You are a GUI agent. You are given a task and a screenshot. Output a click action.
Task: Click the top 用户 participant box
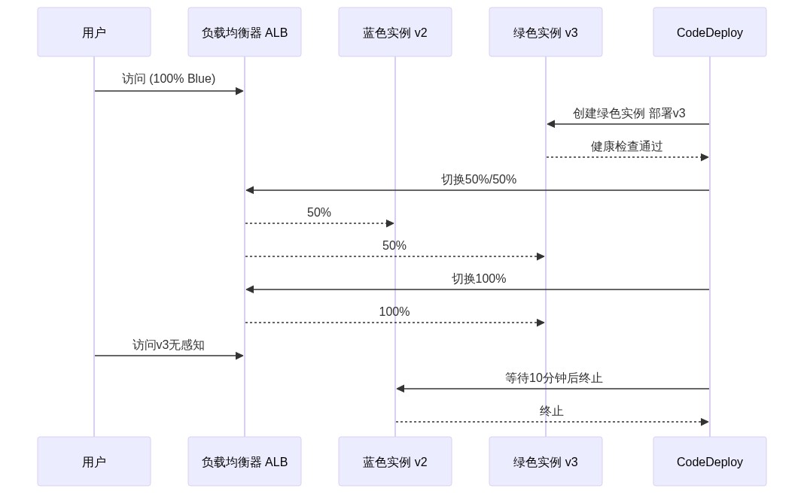[x=94, y=32]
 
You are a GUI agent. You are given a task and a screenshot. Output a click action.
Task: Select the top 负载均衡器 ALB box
[x=245, y=32]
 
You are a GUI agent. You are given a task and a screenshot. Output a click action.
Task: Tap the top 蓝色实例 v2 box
[x=395, y=32]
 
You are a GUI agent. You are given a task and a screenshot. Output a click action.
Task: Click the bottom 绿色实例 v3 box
[x=546, y=462]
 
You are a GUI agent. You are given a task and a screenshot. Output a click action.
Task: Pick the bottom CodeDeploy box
[x=710, y=462]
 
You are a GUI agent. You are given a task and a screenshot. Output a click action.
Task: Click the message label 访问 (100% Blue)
[x=169, y=79]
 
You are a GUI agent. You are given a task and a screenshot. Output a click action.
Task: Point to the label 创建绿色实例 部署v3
[x=629, y=114]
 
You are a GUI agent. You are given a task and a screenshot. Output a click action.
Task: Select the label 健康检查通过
[x=626, y=147]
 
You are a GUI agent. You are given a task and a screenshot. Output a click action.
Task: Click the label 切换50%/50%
[x=478, y=180]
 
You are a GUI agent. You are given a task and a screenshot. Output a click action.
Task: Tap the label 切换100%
[x=478, y=279]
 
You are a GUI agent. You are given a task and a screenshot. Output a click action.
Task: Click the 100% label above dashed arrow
[x=394, y=312]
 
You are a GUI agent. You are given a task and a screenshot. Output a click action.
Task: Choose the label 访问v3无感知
[x=169, y=345]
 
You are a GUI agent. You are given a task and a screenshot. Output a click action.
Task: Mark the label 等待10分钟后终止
[x=553, y=378]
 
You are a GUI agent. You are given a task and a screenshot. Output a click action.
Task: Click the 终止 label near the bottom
[x=551, y=411]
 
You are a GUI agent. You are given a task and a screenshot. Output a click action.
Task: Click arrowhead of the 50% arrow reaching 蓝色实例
[x=390, y=223]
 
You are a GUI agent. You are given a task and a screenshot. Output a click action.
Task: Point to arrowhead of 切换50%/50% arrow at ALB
[x=250, y=190]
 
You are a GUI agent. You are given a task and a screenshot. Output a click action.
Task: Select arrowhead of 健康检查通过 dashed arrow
[x=705, y=157]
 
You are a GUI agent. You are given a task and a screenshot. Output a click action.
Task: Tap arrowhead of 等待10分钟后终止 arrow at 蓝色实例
[x=400, y=389]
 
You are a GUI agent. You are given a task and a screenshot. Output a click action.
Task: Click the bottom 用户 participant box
[x=94, y=462]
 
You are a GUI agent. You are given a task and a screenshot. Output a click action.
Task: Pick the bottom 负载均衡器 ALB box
[x=245, y=462]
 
